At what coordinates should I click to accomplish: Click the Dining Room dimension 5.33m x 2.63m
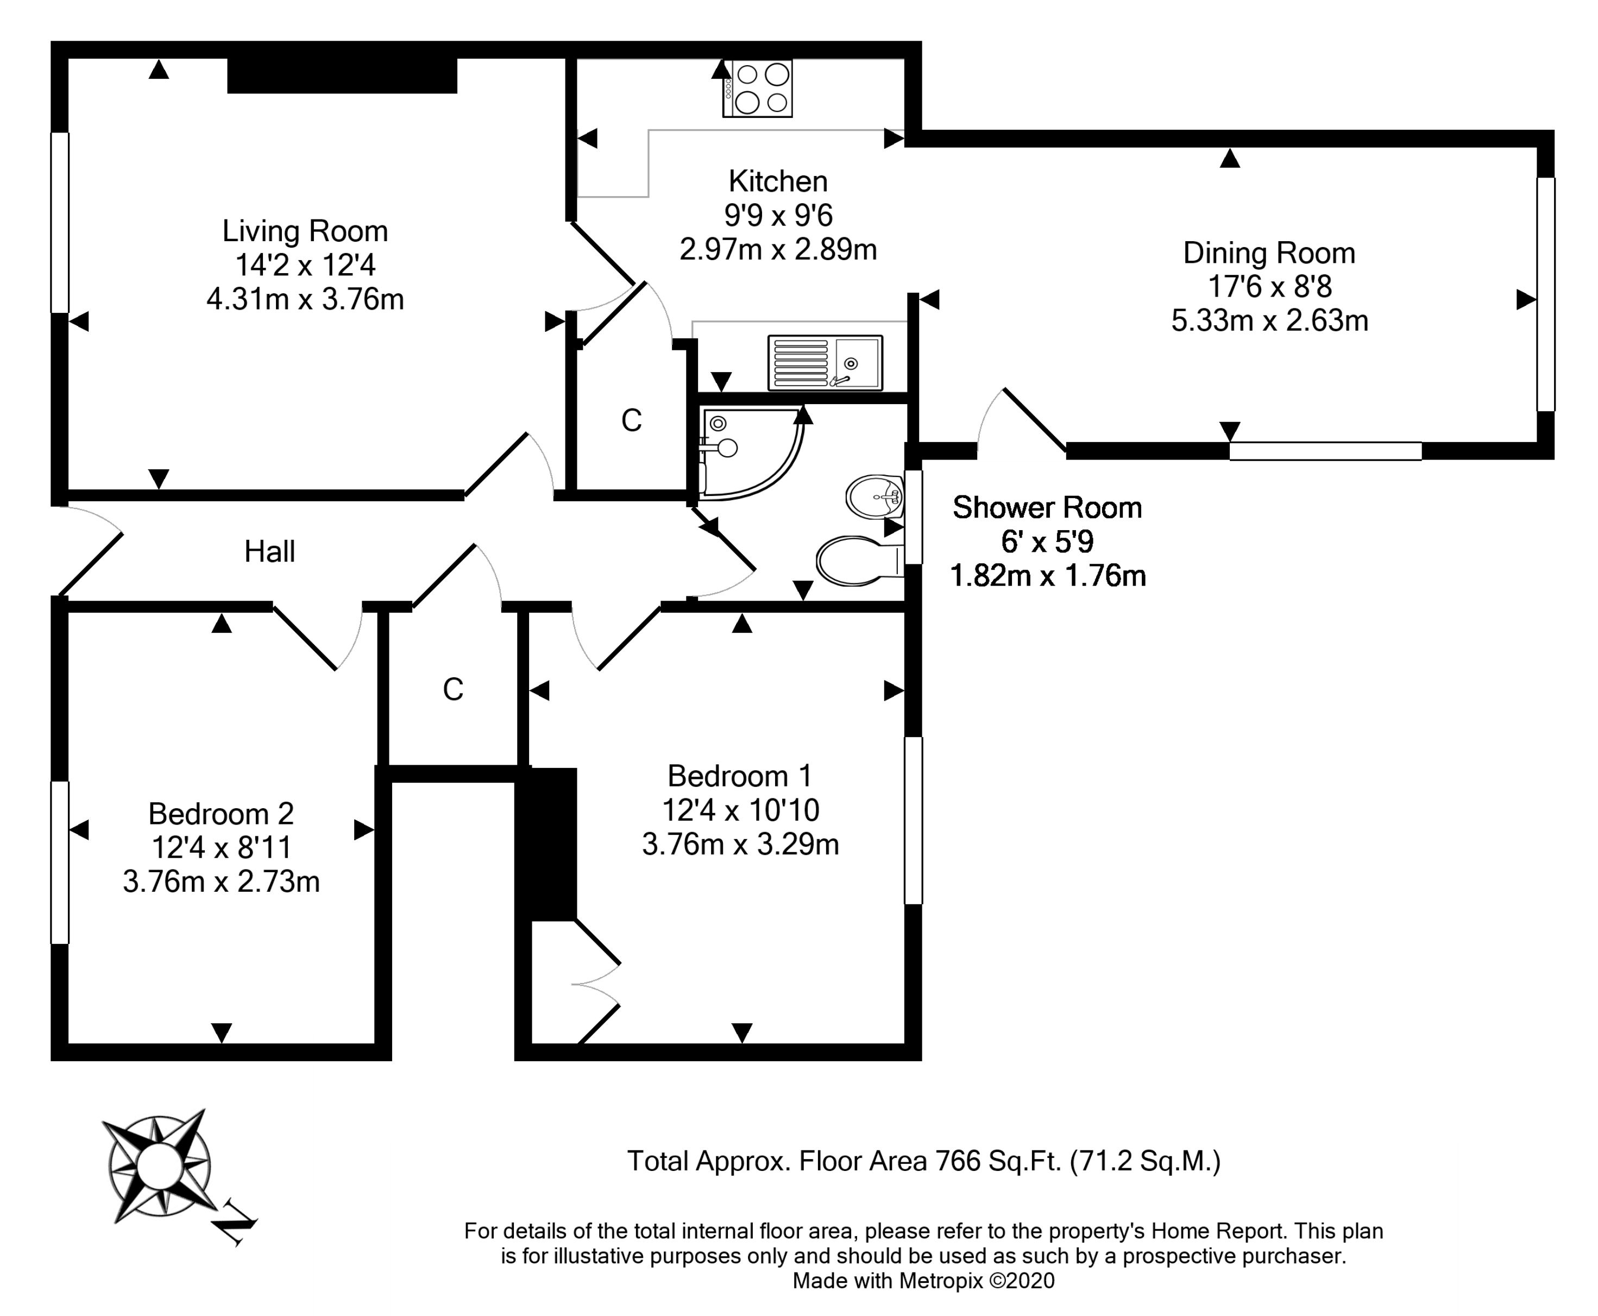coord(1270,320)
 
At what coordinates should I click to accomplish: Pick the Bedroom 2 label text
coord(221,814)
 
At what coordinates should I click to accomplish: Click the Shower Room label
coord(1047,508)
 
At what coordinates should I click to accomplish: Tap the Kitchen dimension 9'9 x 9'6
coord(778,216)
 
